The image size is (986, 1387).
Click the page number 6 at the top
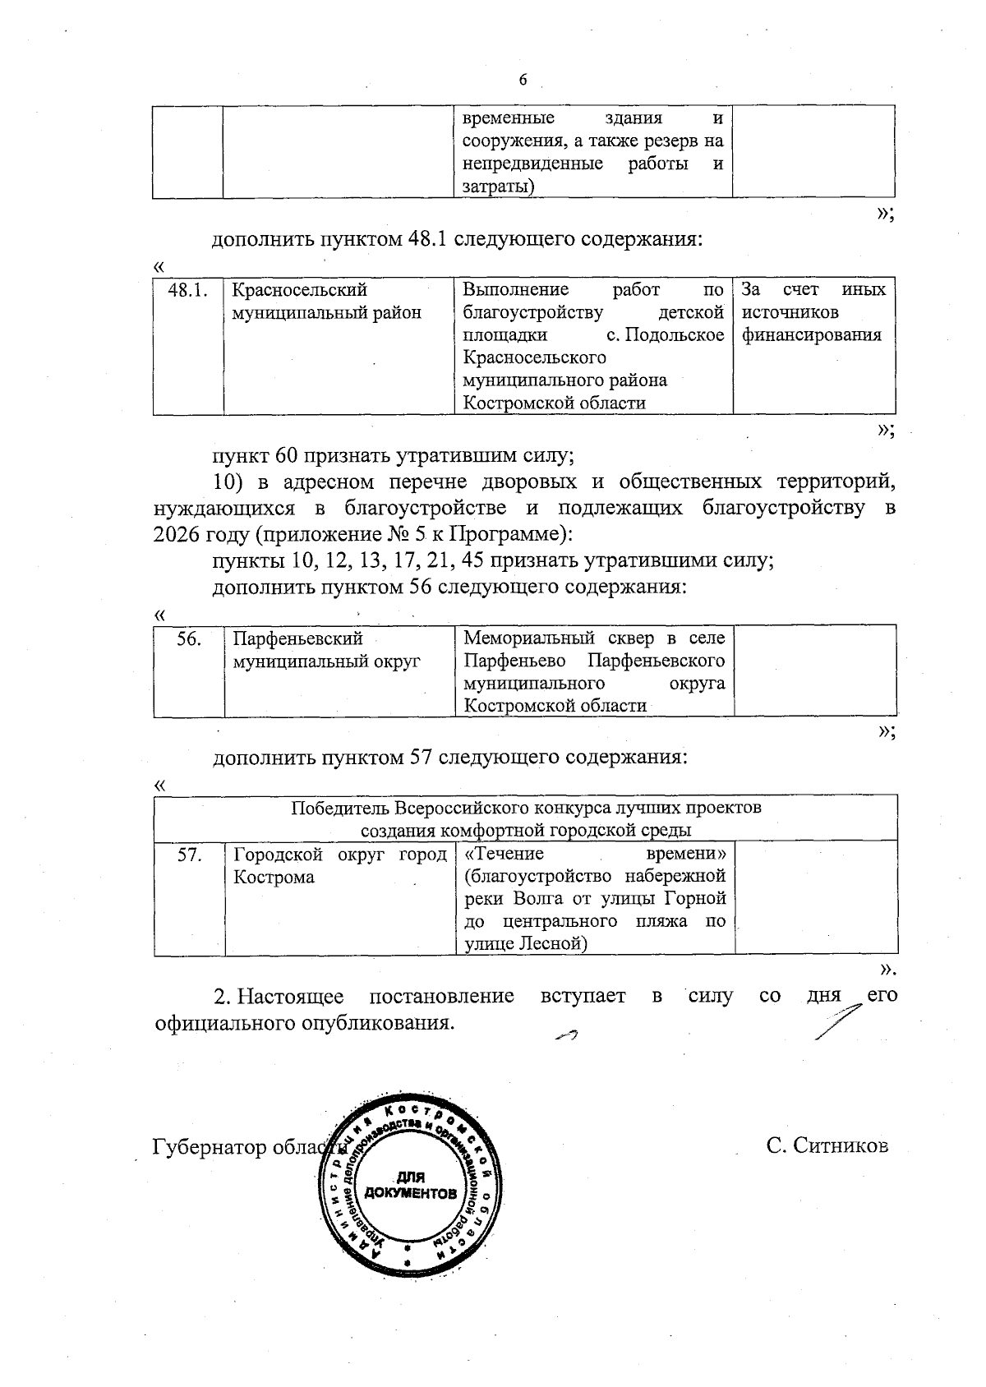point(523,80)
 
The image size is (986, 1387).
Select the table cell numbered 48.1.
point(187,290)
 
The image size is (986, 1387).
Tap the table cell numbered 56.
point(189,638)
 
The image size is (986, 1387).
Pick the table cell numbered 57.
point(189,855)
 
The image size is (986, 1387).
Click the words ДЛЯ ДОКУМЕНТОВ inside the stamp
point(411,1184)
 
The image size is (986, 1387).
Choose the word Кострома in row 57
point(274,877)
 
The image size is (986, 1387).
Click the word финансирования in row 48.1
point(811,335)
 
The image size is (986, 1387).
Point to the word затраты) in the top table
point(498,187)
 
